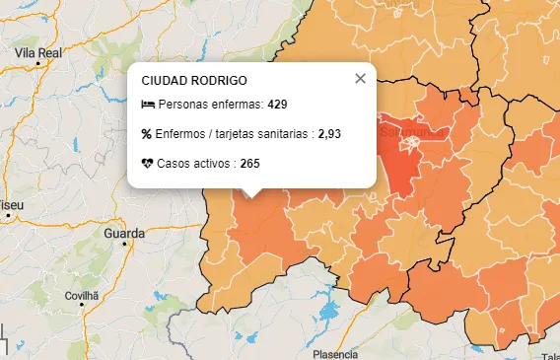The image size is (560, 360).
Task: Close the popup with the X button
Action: [360, 79]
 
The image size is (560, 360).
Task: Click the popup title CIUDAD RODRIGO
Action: [194, 80]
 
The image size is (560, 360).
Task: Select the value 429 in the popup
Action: [277, 105]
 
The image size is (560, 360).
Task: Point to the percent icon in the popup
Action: [148, 133]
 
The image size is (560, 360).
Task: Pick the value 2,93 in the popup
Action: [329, 133]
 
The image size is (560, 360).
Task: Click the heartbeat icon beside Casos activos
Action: [148, 163]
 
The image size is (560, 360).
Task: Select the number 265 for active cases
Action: [249, 163]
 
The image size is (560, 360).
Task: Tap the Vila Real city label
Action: [38, 51]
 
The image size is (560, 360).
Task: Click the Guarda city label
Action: [124, 234]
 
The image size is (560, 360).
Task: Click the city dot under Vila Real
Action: [38, 63]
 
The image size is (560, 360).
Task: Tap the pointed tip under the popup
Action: [251, 194]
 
